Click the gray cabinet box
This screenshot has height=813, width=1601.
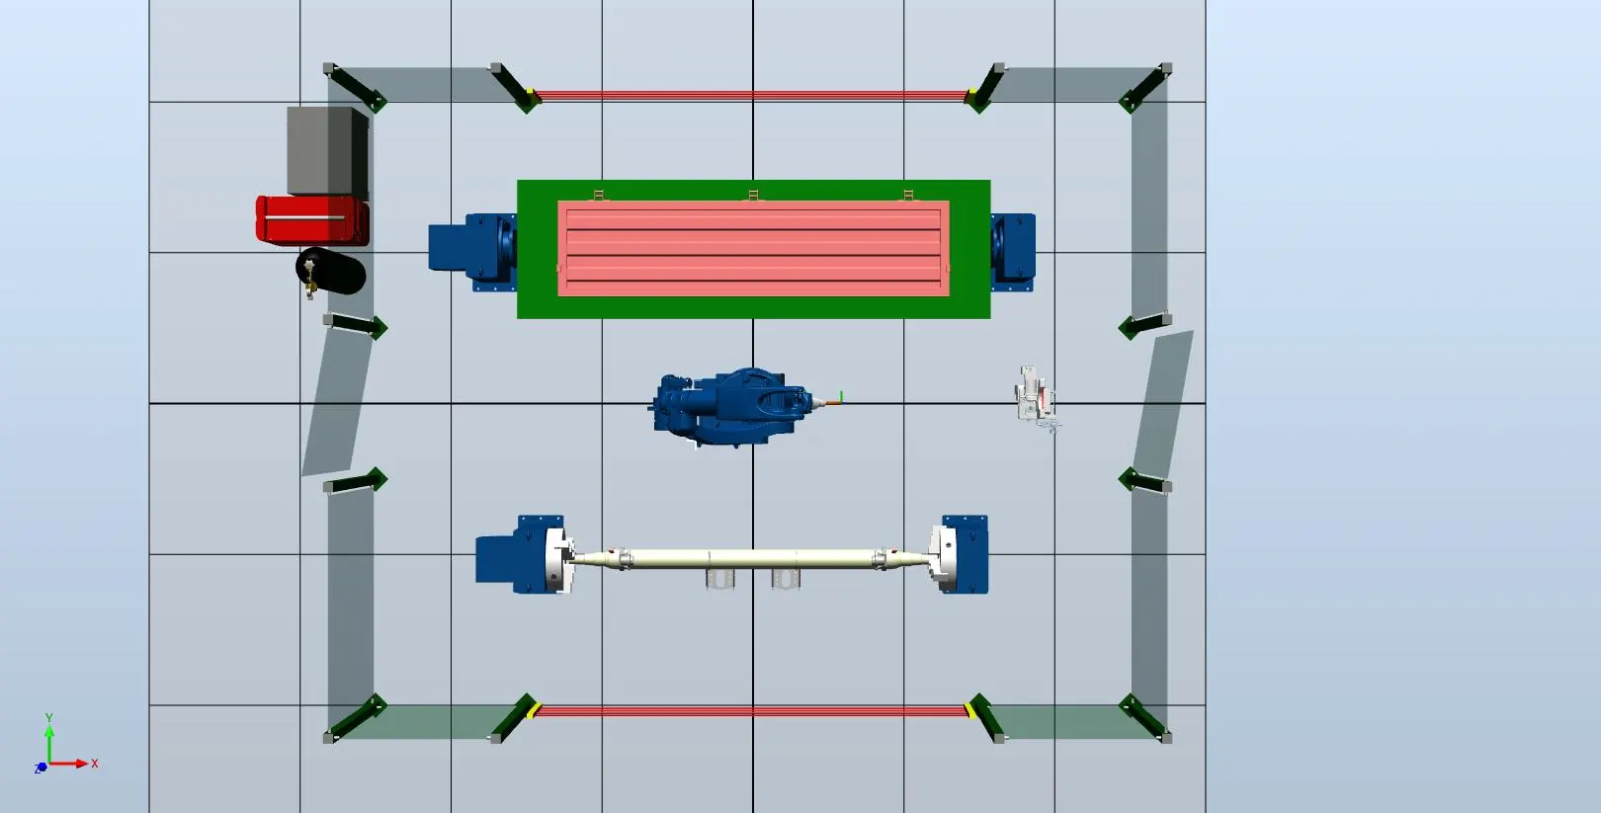(328, 152)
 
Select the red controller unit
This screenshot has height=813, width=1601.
(312, 220)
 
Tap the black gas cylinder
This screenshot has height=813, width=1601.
(330, 271)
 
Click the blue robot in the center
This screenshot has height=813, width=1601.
(732, 407)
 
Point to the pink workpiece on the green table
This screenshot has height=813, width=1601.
(753, 248)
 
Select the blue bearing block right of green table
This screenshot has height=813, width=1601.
(1013, 252)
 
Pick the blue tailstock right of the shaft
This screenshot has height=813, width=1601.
(965, 554)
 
